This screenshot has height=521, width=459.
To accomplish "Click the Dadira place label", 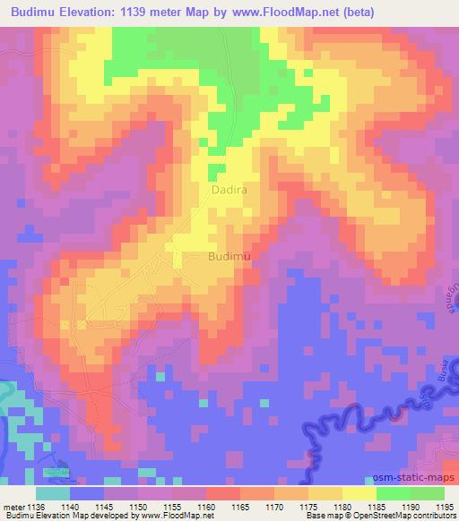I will (x=229, y=191).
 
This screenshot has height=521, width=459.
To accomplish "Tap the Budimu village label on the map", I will (x=228, y=257).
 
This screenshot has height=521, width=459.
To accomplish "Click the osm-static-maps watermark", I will (x=416, y=480).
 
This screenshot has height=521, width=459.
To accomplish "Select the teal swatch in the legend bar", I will (x=54, y=493).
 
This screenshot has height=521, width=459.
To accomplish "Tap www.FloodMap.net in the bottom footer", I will (x=191, y=516).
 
